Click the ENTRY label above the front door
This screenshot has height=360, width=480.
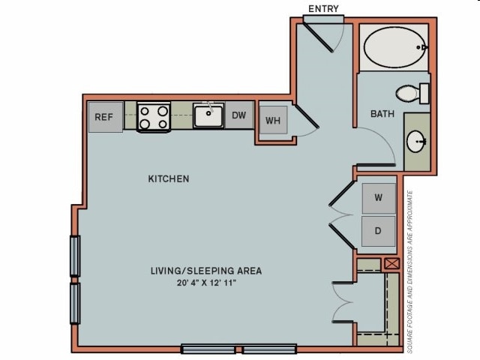(323, 9)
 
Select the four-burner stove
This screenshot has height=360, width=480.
(154, 117)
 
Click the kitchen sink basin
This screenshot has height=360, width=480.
(208, 115)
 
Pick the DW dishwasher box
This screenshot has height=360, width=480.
(239, 115)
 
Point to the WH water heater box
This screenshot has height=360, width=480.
(273, 120)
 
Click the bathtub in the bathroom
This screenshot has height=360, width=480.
(395, 47)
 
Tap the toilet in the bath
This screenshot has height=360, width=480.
(412, 93)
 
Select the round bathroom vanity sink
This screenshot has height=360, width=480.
(416, 141)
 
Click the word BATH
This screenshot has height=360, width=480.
(382, 114)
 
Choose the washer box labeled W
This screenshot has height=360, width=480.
(379, 198)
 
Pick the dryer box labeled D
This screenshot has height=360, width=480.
(378, 231)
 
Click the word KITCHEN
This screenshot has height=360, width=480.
(169, 178)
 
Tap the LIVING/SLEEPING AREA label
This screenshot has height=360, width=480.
(206, 271)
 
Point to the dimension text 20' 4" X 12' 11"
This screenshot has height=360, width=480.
(207, 283)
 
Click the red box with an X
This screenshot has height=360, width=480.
(391, 263)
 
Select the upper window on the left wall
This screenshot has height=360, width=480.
(75, 256)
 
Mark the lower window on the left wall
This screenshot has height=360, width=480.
(75, 303)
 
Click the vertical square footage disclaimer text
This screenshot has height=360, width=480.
(409, 271)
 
